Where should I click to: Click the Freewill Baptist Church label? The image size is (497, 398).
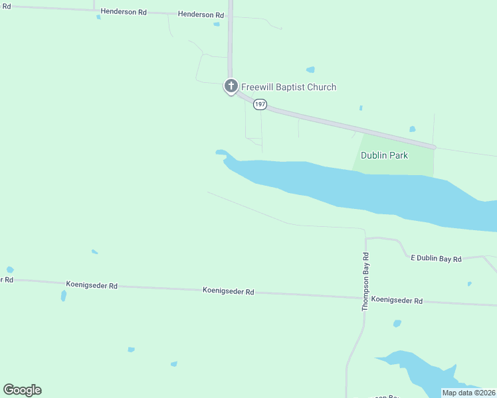point(288,87)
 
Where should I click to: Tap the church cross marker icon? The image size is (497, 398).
point(231,86)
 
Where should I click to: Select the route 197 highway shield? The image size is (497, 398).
point(260,104)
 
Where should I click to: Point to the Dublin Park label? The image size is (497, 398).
point(384,155)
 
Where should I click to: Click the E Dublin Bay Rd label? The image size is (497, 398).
point(436,259)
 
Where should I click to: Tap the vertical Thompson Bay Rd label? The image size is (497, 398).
point(365,282)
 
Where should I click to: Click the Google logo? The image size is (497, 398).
point(22,390)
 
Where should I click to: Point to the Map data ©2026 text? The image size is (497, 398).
point(469,393)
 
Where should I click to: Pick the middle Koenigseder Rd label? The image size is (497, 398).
point(228,291)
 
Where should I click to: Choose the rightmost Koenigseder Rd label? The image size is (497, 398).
point(397,300)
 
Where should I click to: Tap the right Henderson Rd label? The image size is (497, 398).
point(201,15)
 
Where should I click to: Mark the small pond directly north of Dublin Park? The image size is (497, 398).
point(413,129)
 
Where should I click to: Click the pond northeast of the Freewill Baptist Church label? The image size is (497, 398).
point(310,69)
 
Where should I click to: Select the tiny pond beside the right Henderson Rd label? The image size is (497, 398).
point(217,25)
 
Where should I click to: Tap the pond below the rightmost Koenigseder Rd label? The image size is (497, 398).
point(397,324)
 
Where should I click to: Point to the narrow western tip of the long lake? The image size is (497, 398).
point(221,152)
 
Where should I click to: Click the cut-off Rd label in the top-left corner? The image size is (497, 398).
point(6,5)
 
